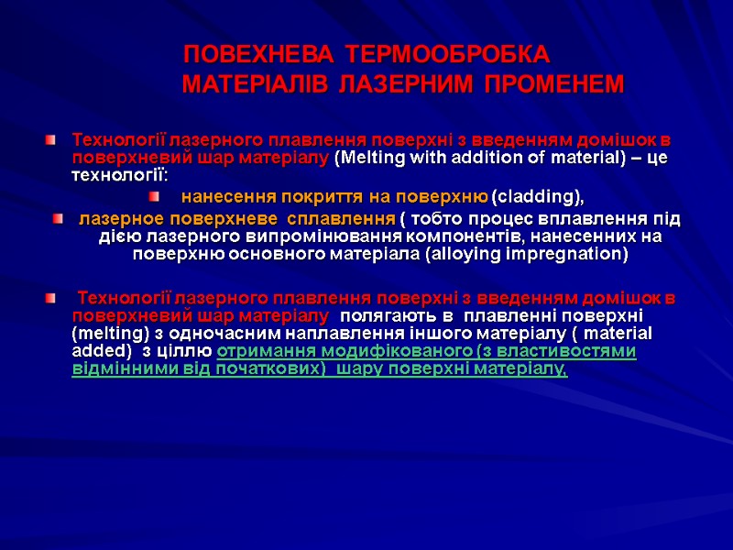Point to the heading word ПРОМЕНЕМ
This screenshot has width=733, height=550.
(x=553, y=85)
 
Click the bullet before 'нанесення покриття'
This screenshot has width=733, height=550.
(x=155, y=196)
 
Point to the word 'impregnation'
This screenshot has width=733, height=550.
(x=573, y=254)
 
